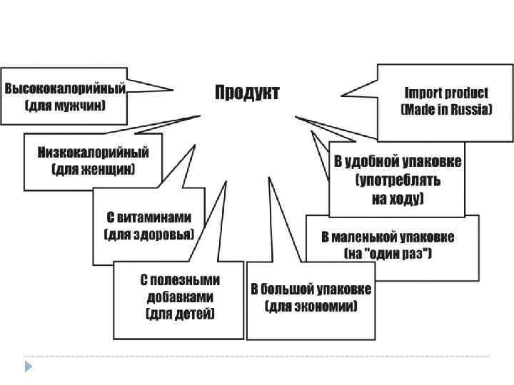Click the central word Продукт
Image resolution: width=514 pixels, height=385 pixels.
[x=247, y=93]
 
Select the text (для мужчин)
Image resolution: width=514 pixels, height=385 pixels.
[x=66, y=107]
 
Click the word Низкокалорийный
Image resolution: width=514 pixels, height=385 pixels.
[x=94, y=153]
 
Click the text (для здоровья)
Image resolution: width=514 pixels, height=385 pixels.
[x=149, y=234]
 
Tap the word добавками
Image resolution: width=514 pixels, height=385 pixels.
[x=181, y=297]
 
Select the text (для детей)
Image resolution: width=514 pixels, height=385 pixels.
[x=181, y=313]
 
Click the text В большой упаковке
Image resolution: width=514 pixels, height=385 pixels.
[x=310, y=289]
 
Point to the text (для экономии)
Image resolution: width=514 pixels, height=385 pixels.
[x=310, y=307]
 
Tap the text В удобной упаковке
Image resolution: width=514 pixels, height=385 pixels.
[x=398, y=161]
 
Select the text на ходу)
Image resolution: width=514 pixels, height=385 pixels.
[x=398, y=197]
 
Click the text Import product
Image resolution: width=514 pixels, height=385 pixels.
[x=446, y=93]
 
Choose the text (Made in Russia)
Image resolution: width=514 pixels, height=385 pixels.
[x=446, y=110]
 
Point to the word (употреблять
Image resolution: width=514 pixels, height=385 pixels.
[x=398, y=180]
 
